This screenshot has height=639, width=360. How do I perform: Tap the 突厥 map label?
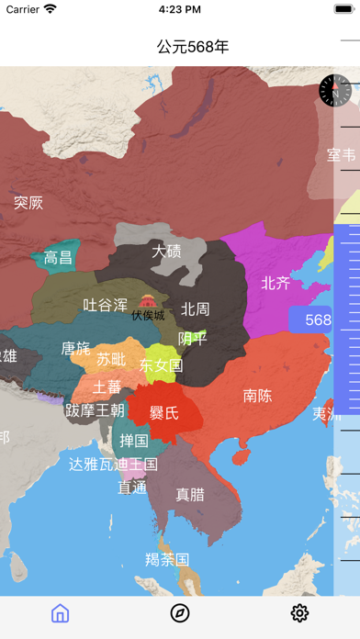(28, 203)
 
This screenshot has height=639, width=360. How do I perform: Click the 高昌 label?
(58, 258)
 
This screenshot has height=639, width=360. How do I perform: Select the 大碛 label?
(166, 251)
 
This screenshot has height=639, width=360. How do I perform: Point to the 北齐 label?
(276, 283)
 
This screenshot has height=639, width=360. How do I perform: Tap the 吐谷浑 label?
(106, 305)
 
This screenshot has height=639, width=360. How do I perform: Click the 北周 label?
(195, 309)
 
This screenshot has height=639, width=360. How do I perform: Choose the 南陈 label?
(257, 396)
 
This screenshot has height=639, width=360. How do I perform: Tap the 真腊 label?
(190, 494)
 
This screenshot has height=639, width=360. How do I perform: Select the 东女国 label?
(161, 365)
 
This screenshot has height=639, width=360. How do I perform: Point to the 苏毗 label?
(112, 359)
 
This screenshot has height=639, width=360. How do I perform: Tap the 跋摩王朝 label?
(94, 410)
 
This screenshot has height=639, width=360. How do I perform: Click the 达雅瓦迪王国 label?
(113, 465)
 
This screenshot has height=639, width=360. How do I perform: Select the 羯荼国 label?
(167, 558)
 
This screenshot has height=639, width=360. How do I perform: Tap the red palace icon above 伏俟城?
(148, 300)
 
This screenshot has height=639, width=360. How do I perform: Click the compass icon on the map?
(335, 90)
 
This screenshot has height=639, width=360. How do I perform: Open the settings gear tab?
(299, 613)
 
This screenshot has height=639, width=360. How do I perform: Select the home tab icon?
(60, 613)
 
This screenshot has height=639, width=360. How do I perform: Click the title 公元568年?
(193, 46)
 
